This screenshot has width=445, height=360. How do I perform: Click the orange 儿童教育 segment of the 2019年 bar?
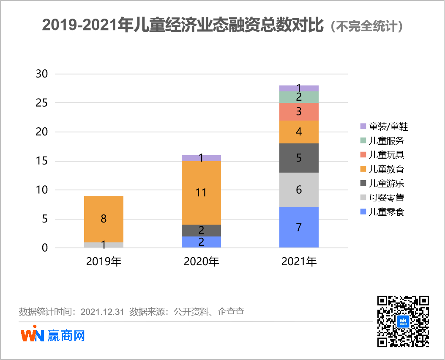tap(104, 219)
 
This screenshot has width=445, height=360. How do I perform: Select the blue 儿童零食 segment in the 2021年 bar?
tap(299, 227)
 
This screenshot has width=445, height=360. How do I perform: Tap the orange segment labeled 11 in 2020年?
tap(201, 193)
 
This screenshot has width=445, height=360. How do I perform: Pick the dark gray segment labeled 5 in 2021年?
tap(299, 158)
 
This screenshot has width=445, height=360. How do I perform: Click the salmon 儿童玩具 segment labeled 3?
tap(299, 112)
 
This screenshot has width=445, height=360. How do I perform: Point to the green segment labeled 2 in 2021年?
tap(299, 97)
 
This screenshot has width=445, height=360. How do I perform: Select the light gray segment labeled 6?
tap(299, 190)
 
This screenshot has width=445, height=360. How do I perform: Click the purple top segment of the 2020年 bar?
tap(201, 158)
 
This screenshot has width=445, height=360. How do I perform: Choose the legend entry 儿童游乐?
tap(382, 183)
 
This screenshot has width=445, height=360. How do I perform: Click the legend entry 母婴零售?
tap(382, 198)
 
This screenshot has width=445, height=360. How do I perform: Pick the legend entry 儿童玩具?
tap(382, 154)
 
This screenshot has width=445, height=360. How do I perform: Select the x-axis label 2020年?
tap(201, 262)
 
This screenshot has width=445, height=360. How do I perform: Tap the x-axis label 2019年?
tap(104, 262)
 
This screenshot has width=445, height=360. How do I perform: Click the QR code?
tap(403, 321)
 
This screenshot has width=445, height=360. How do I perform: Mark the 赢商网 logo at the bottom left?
tap(53, 335)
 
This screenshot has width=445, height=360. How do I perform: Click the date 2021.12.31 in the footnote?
tap(102, 312)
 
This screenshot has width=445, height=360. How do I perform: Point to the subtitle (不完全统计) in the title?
tap(366, 26)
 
